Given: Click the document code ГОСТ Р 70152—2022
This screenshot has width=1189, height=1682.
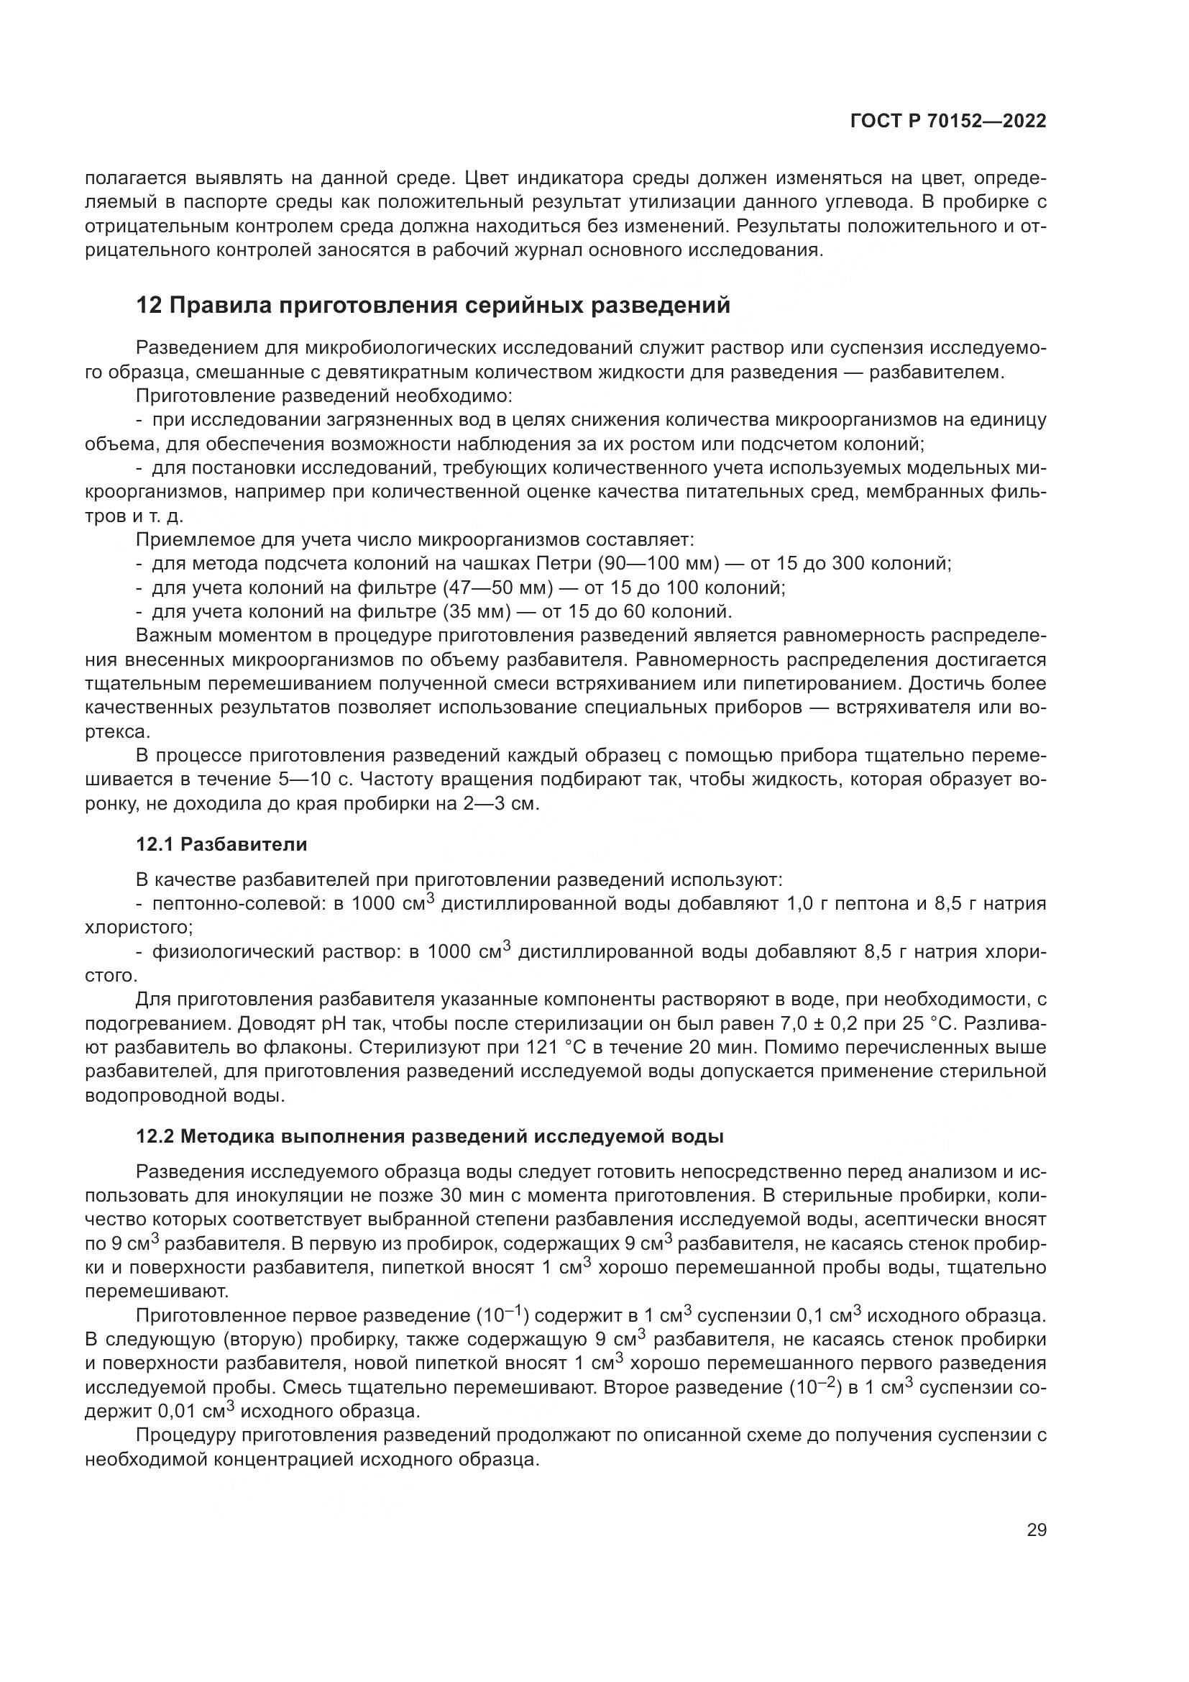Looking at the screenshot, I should point(948,122).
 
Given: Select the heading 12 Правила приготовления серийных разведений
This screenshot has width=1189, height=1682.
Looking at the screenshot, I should point(433,305).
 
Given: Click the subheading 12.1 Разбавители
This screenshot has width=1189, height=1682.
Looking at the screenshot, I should point(222,844).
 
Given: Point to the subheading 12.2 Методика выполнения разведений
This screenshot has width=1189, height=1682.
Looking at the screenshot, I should point(430,1136).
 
